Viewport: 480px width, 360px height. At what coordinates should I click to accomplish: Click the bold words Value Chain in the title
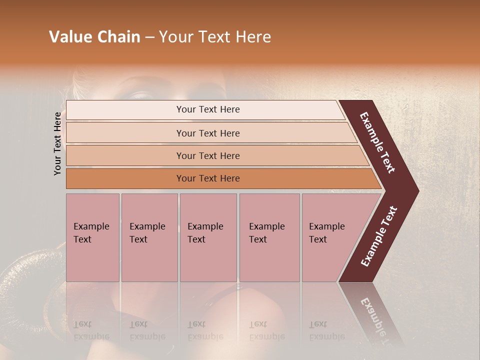coord(94,37)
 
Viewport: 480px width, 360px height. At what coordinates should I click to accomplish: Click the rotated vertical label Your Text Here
coord(57,143)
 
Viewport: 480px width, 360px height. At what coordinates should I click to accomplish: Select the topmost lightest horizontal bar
coord(125,110)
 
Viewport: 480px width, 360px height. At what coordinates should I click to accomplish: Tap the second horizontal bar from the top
coord(125,133)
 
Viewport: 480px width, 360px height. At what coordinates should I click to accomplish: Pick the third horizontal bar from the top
coord(125,155)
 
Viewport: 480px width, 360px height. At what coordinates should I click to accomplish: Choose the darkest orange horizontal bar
coord(125,178)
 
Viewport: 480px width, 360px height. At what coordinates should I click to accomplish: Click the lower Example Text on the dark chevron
coord(378,236)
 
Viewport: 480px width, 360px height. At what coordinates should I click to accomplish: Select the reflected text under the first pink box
coord(91,330)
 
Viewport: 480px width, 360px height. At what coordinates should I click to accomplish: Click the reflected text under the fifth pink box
coord(326,330)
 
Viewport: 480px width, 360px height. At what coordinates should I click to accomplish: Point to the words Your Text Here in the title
coord(215,37)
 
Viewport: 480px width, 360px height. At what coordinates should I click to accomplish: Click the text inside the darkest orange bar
coord(208,178)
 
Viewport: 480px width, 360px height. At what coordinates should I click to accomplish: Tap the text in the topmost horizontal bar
coord(208,109)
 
